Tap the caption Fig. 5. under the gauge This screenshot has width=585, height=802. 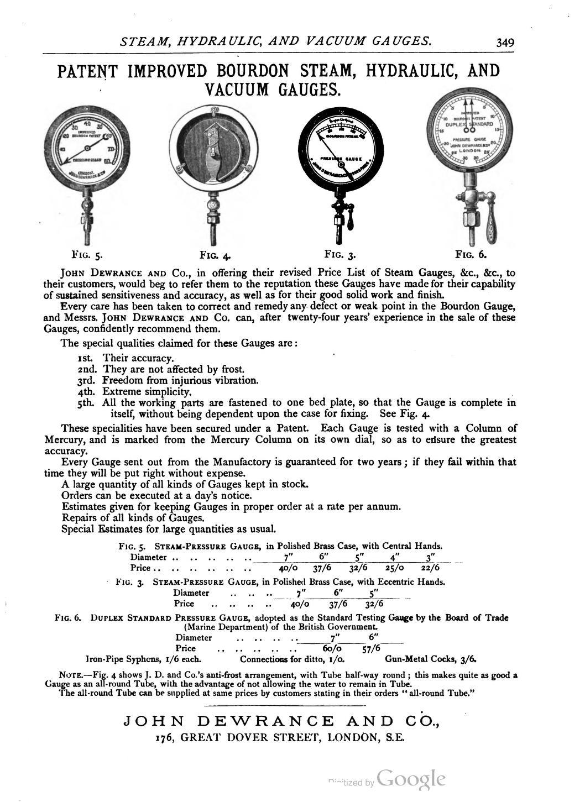87,255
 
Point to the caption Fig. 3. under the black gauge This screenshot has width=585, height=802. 339,254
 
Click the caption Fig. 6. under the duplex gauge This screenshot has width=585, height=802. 471,254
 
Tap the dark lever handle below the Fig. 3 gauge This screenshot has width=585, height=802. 350,221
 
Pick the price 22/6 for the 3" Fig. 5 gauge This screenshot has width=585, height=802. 430,568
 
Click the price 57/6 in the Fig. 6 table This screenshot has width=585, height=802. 370,648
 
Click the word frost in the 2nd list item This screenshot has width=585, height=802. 231,369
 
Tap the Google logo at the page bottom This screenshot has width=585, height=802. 411,779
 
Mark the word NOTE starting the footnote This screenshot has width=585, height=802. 70,675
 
